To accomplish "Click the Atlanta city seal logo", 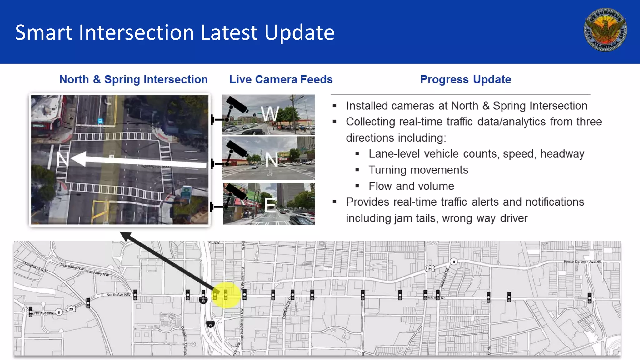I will pyautogui.click(x=605, y=29).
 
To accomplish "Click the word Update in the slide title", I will pyautogui.click(x=299, y=32).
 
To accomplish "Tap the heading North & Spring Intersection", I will pyautogui.click(x=133, y=79).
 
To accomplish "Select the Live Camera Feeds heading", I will pyautogui.click(x=281, y=79).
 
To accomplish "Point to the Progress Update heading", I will pyautogui.click(x=465, y=79).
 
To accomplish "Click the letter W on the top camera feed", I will pyautogui.click(x=270, y=113).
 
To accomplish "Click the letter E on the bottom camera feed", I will pyautogui.click(x=270, y=205).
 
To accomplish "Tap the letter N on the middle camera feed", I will pyautogui.click(x=272, y=160).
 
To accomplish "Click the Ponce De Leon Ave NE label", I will pyautogui.click(x=582, y=262).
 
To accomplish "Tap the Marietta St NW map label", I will pyautogui.click(x=34, y=267).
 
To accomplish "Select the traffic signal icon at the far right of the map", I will pyautogui.click(x=589, y=298).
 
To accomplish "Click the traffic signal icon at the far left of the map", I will pyautogui.click(x=31, y=312).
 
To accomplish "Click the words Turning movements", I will pyautogui.click(x=418, y=170).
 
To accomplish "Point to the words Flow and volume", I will pyautogui.click(x=411, y=186).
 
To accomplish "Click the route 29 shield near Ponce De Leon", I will pyautogui.click(x=430, y=269).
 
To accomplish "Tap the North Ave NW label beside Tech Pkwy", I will pyautogui.click(x=118, y=294).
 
